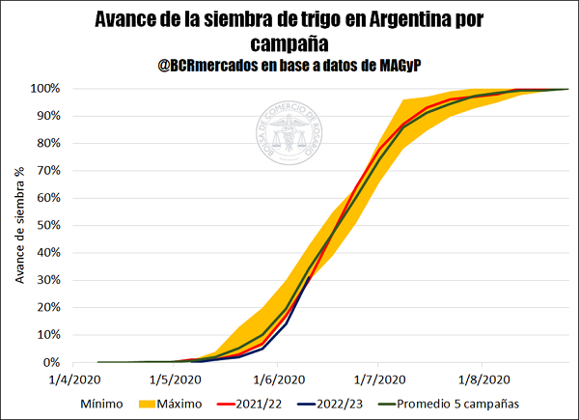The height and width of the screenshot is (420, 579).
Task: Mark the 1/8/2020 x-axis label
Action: point(482,379)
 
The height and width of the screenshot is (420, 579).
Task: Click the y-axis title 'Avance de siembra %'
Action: point(20,226)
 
